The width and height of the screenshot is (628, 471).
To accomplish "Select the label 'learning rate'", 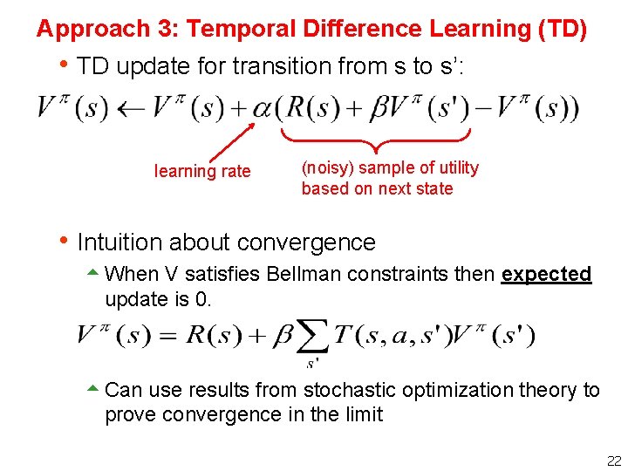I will click(x=202, y=171).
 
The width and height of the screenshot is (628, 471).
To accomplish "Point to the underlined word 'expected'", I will click(x=546, y=274).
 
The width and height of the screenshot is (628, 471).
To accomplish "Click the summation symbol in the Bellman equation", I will click(x=311, y=336).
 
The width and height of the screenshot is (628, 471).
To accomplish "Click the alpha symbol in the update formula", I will click(x=262, y=110).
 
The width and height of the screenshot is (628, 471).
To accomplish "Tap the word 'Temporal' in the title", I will click(x=229, y=29).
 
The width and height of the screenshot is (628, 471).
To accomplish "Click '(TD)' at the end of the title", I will click(x=563, y=29).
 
